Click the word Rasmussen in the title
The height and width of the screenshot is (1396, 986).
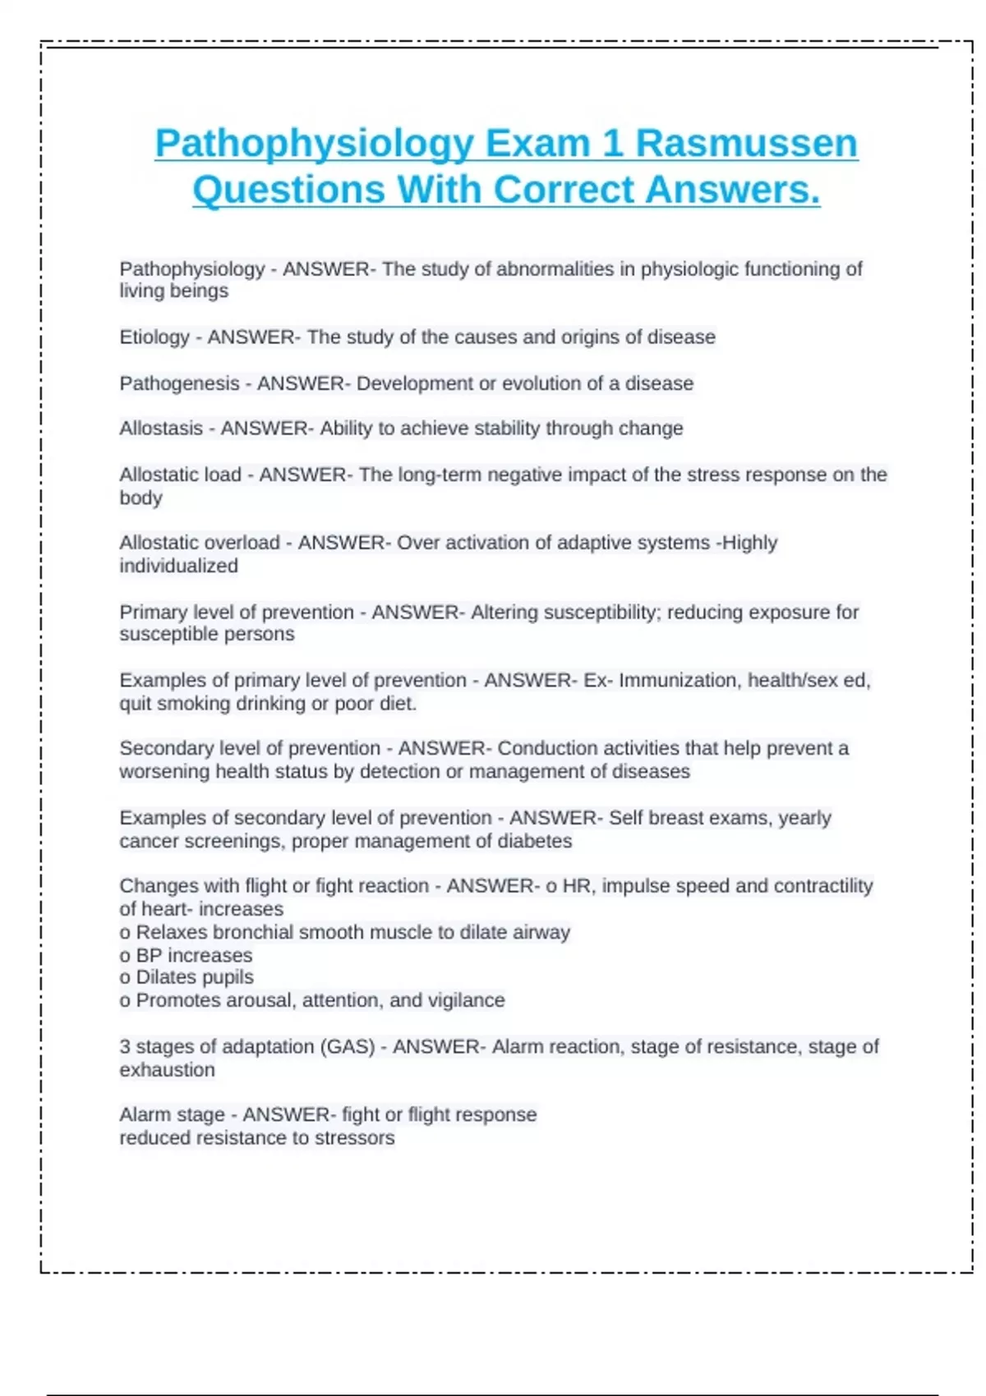pos(746,144)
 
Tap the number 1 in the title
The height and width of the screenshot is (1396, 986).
pos(612,144)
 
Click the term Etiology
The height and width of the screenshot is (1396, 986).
pos(154,337)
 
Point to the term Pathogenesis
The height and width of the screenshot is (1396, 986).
pos(179,383)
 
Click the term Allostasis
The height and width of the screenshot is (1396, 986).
pos(161,429)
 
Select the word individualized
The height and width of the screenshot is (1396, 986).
pos(178,566)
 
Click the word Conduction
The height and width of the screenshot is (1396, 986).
pos(547,749)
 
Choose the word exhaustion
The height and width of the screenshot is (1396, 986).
pos(167,1070)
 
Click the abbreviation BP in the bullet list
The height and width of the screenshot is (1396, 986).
pos(149,955)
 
